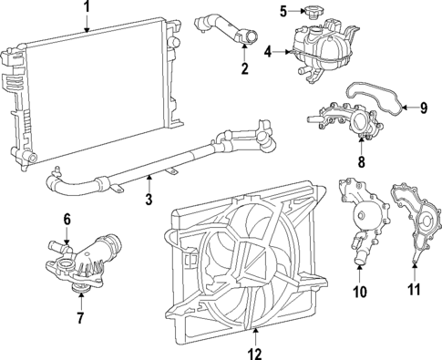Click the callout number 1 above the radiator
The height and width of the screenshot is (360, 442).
[87, 6]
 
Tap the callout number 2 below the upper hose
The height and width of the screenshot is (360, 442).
[245, 68]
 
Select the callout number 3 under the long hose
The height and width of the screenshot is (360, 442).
[149, 199]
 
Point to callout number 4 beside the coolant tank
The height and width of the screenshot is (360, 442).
[268, 52]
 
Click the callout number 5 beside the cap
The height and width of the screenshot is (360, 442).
[283, 12]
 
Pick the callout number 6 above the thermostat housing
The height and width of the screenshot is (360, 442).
[67, 219]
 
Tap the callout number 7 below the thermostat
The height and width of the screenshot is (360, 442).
[80, 318]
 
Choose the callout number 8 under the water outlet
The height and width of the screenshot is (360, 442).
[361, 161]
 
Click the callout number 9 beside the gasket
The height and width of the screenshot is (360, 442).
[424, 108]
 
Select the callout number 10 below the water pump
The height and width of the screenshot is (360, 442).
[360, 292]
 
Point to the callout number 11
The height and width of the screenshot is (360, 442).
[415, 289]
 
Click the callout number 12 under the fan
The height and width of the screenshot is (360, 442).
[254, 354]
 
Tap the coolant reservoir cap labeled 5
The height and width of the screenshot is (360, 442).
[313, 12]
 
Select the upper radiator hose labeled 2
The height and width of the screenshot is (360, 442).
[225, 30]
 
